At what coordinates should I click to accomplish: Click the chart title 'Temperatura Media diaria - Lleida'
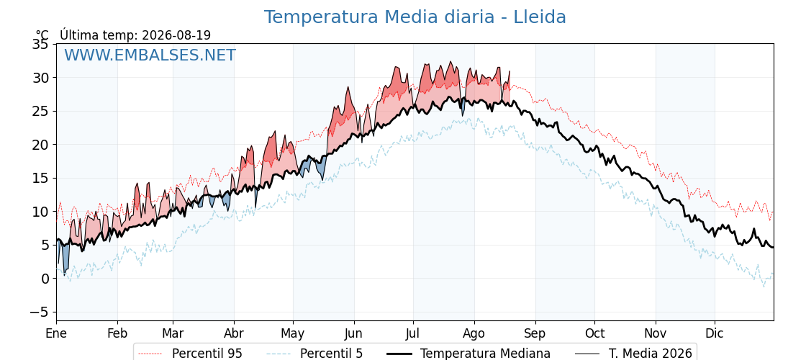click(x=415, y=17)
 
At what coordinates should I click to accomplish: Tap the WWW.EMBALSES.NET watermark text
click(x=150, y=55)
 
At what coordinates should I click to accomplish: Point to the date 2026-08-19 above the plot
click(x=176, y=35)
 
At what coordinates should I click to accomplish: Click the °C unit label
click(x=42, y=35)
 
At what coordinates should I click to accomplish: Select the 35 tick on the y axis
click(x=40, y=44)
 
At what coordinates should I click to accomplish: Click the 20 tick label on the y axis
click(x=40, y=145)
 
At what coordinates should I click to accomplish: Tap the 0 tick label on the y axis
click(x=45, y=279)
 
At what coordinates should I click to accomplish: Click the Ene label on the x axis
click(x=56, y=333)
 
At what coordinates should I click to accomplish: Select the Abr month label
click(x=234, y=333)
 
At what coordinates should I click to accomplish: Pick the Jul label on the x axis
click(x=413, y=333)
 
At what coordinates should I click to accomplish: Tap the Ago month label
click(x=474, y=333)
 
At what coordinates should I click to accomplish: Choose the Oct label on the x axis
click(x=594, y=333)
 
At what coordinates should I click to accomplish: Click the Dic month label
click(x=715, y=333)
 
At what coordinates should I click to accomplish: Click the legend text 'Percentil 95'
click(x=207, y=354)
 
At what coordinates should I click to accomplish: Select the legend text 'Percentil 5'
click(x=331, y=354)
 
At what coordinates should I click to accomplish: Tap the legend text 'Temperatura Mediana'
click(x=485, y=354)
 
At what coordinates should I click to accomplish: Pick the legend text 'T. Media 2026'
click(x=651, y=354)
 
